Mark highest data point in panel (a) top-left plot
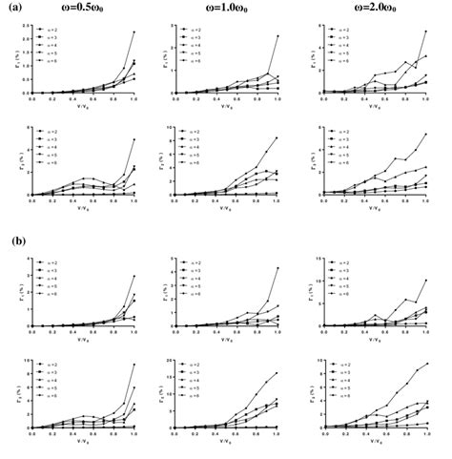(x=134, y=31)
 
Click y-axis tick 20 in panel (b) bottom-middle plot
(x=169, y=362)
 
